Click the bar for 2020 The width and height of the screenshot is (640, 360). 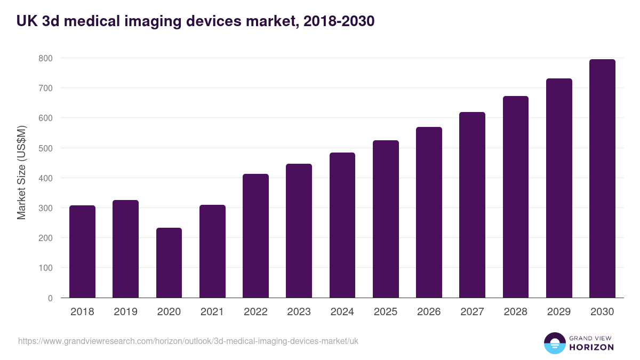[169, 263]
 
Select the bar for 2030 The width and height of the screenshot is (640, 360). [602, 179]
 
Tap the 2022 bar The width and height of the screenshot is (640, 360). [255, 236]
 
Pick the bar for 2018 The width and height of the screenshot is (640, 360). [82, 252]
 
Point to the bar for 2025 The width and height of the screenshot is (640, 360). [386, 219]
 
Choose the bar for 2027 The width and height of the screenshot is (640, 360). [472, 205]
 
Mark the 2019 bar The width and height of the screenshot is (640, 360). [125, 249]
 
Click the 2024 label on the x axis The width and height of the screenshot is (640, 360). [342, 312]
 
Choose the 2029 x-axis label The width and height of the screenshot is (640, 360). [558, 312]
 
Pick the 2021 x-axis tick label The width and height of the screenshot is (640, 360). [212, 312]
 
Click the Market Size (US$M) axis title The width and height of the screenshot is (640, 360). [22, 172]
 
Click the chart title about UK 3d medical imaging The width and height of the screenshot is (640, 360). [195, 21]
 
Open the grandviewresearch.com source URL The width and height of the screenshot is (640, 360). [188, 341]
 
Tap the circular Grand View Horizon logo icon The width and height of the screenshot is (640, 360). [555, 343]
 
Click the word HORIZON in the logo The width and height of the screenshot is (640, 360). [591, 347]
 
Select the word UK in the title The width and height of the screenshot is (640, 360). [27, 21]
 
